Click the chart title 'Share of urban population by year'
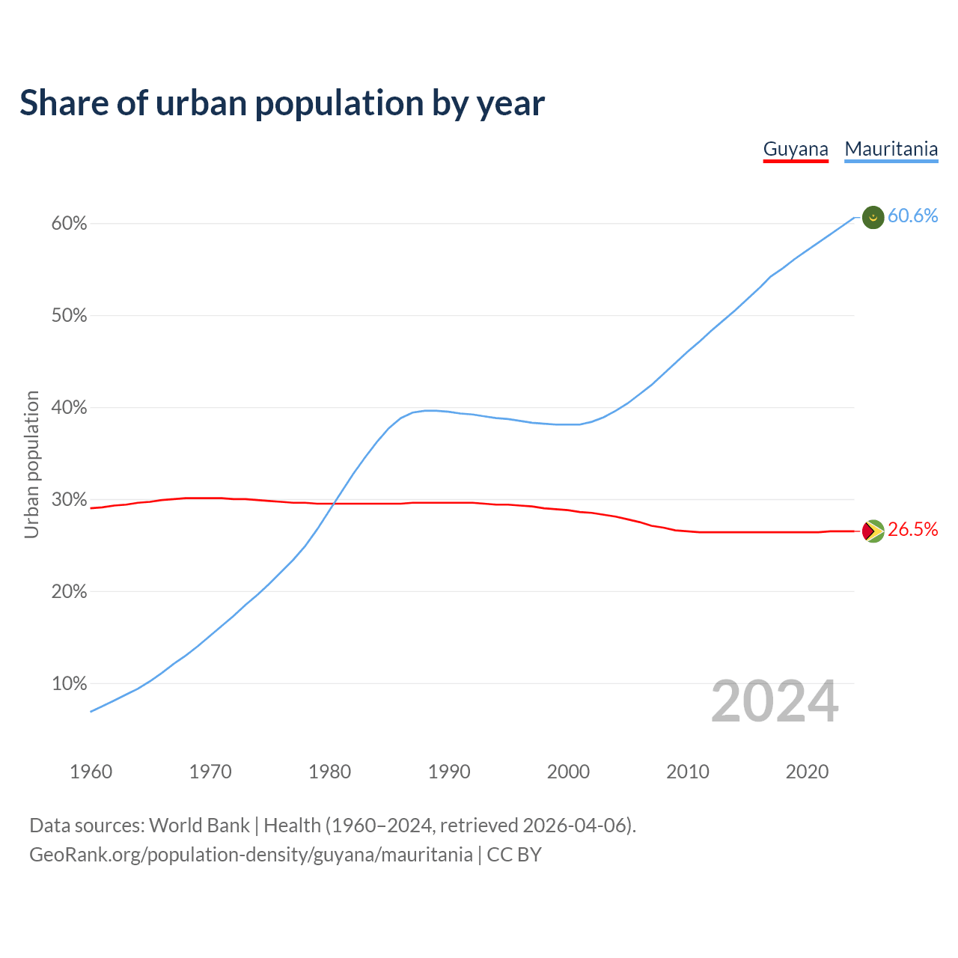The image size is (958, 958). [282, 103]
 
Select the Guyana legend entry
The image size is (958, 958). [796, 149]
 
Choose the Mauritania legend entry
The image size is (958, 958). [891, 149]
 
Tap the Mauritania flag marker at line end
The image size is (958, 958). [873, 217]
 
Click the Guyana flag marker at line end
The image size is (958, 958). [873, 531]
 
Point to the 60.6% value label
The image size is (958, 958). [912, 216]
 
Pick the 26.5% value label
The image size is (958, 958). [912, 530]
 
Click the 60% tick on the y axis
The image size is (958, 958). [70, 224]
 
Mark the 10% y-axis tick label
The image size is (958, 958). [70, 684]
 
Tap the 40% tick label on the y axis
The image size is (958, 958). [70, 408]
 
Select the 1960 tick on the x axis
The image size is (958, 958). [91, 772]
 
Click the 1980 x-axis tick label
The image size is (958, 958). [330, 772]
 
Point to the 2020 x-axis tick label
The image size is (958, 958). [807, 772]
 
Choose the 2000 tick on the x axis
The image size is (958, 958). [569, 772]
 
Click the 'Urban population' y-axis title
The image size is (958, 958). [31, 464]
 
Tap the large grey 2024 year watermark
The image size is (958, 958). [775, 702]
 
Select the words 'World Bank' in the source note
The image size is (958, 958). [199, 826]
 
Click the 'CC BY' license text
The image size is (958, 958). [514, 855]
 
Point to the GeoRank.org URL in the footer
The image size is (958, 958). [251, 855]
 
